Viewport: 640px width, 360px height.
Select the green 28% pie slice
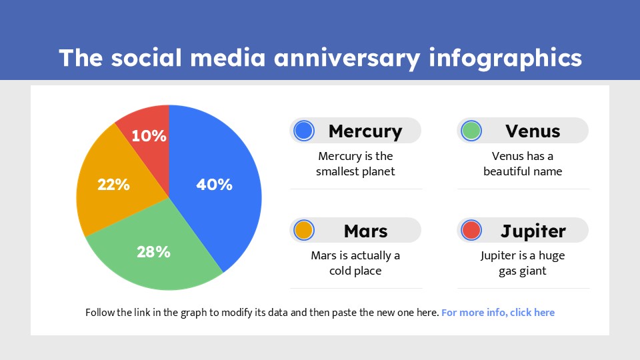pyautogui.click(x=160, y=267)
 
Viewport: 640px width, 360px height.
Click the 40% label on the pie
pyautogui.click(x=214, y=185)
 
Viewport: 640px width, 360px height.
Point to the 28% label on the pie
pyautogui.click(x=153, y=252)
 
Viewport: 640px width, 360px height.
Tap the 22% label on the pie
pyautogui.click(x=113, y=185)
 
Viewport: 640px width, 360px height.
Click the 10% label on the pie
pyautogui.click(x=149, y=136)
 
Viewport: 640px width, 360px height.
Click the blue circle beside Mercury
pyautogui.click(x=304, y=131)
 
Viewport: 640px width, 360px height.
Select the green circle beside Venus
pyautogui.click(x=471, y=131)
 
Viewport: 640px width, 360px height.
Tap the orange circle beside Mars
pyautogui.click(x=304, y=231)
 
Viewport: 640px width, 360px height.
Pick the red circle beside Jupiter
pyautogui.click(x=471, y=231)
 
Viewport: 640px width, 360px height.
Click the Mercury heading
pyautogui.click(x=365, y=131)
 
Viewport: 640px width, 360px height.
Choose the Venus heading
pyautogui.click(x=533, y=131)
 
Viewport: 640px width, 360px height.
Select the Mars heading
pyautogui.click(x=365, y=231)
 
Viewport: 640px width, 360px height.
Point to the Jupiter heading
pyautogui.click(x=533, y=231)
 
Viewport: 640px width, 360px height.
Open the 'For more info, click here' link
pyautogui.click(x=498, y=313)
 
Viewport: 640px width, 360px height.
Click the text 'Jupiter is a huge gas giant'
pyautogui.click(x=523, y=263)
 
